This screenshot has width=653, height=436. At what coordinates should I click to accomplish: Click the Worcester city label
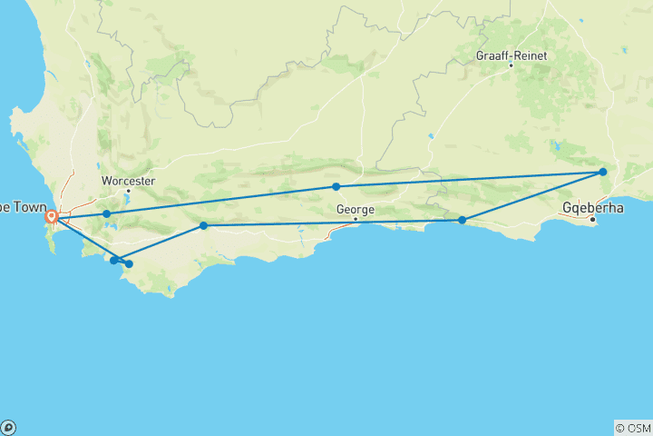click(x=129, y=180)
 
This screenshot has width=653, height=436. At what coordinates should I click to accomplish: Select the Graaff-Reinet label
click(x=510, y=55)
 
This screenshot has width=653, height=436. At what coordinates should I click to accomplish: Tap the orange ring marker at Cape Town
click(x=52, y=217)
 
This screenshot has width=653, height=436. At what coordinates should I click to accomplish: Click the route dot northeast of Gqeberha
click(x=602, y=172)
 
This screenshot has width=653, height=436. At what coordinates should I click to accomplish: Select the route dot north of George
click(x=336, y=186)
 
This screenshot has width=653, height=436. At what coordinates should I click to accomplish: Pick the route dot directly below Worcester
click(x=106, y=214)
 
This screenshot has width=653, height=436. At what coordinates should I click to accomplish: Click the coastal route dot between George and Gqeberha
click(x=462, y=220)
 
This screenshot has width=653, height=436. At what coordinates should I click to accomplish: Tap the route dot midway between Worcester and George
click(x=203, y=225)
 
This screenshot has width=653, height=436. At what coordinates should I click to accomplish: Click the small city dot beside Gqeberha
click(x=592, y=220)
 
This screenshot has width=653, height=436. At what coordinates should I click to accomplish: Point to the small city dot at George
click(x=356, y=219)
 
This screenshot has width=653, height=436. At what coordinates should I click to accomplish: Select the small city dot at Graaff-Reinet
click(x=511, y=65)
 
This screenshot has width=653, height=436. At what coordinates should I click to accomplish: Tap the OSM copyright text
click(x=633, y=428)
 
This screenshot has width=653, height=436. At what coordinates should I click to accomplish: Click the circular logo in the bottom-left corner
click(x=8, y=427)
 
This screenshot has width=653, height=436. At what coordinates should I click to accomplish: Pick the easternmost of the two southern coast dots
click(x=129, y=264)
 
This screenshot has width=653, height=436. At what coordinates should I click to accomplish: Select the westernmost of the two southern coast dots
click(x=113, y=260)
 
